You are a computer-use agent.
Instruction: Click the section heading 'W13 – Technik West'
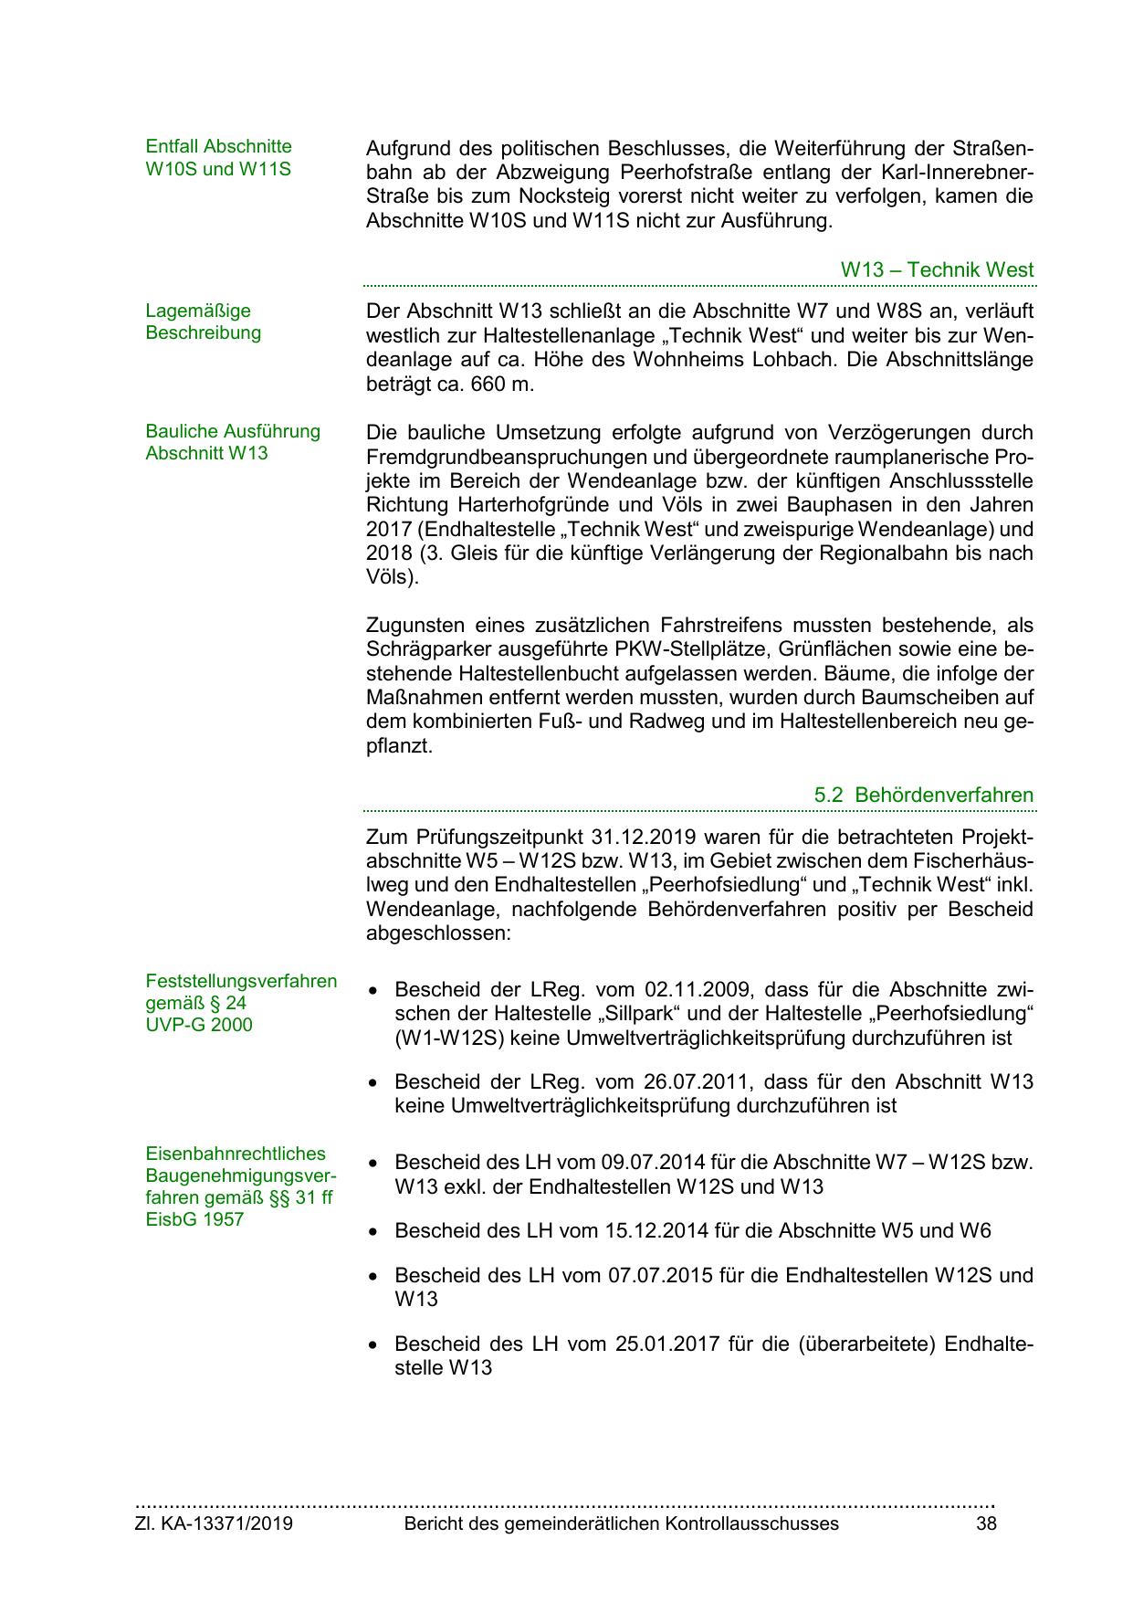[937, 269]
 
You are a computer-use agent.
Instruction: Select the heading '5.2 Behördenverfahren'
[923, 795]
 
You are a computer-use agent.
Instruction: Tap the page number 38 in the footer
[986, 1523]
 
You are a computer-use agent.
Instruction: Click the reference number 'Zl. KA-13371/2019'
[214, 1523]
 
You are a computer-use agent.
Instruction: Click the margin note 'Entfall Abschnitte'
[218, 146]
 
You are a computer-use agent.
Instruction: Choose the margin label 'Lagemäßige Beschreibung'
[203, 321]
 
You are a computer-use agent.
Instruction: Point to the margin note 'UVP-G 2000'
[199, 1025]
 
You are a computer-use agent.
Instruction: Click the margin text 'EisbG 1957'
[194, 1219]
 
